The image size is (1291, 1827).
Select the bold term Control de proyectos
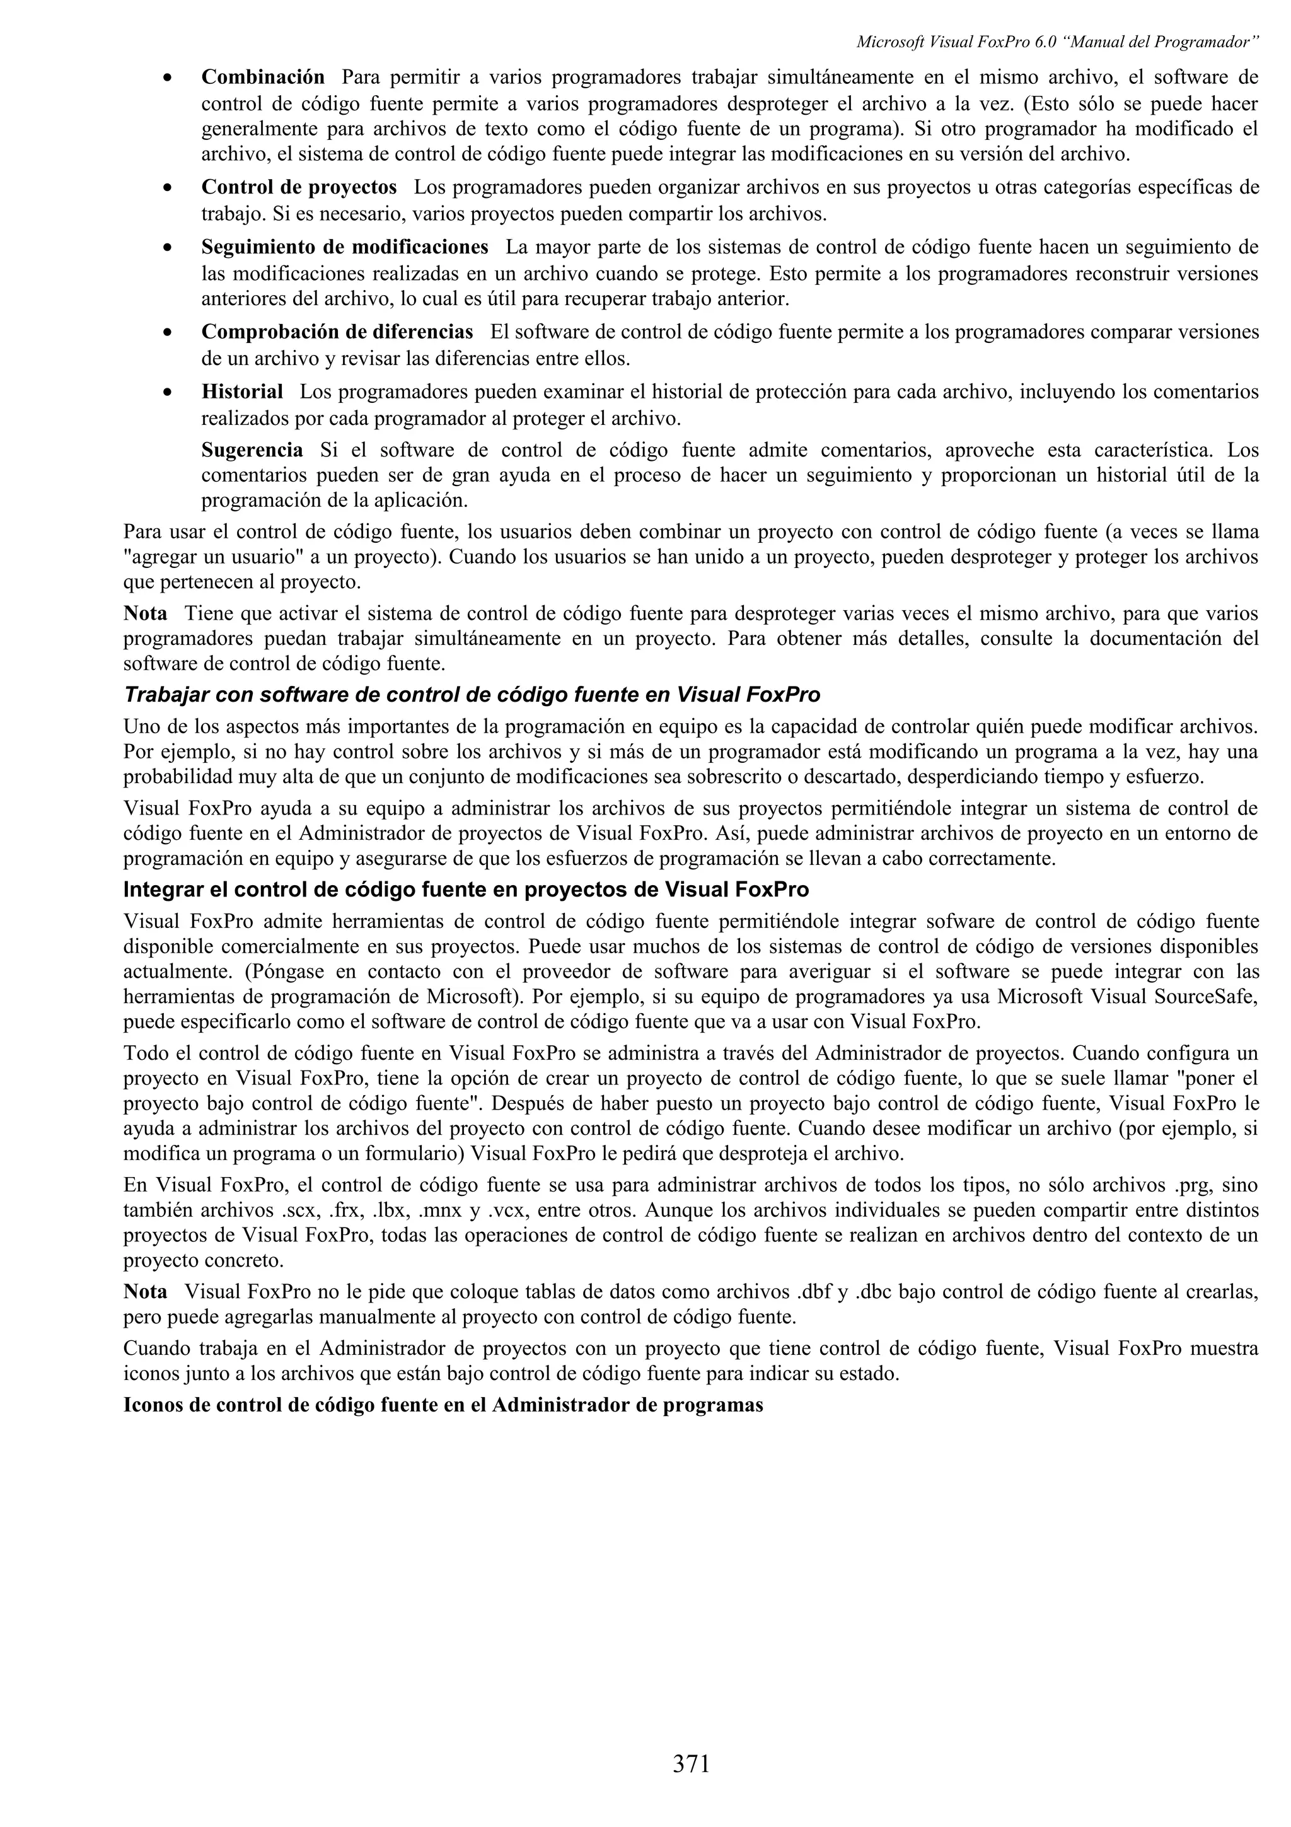click(298, 187)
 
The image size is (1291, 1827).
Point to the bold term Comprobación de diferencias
click(337, 331)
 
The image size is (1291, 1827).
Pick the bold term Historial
click(242, 391)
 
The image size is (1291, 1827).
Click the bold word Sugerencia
click(252, 450)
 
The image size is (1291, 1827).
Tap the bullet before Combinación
click(167, 79)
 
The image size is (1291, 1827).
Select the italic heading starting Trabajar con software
click(472, 695)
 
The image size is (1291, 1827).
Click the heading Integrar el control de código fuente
click(466, 890)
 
